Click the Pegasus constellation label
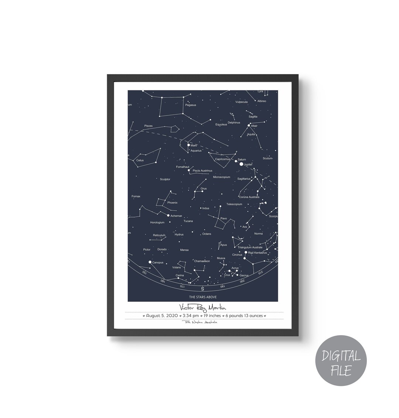tap(191, 105)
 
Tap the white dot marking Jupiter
tap(242, 164)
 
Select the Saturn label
tap(242, 160)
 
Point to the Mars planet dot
tap(188, 145)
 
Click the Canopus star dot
tap(150, 262)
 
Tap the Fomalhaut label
tap(182, 167)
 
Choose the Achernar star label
tap(176, 216)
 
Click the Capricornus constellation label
tap(222, 159)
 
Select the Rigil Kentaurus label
tap(258, 253)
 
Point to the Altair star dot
tap(249, 126)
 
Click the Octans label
tap(207, 234)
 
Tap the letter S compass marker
tap(202, 289)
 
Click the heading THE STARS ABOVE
tap(203, 297)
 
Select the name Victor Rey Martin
tap(202, 307)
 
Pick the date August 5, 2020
tap(162, 316)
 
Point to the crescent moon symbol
tap(241, 237)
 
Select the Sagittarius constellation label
tap(244, 179)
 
